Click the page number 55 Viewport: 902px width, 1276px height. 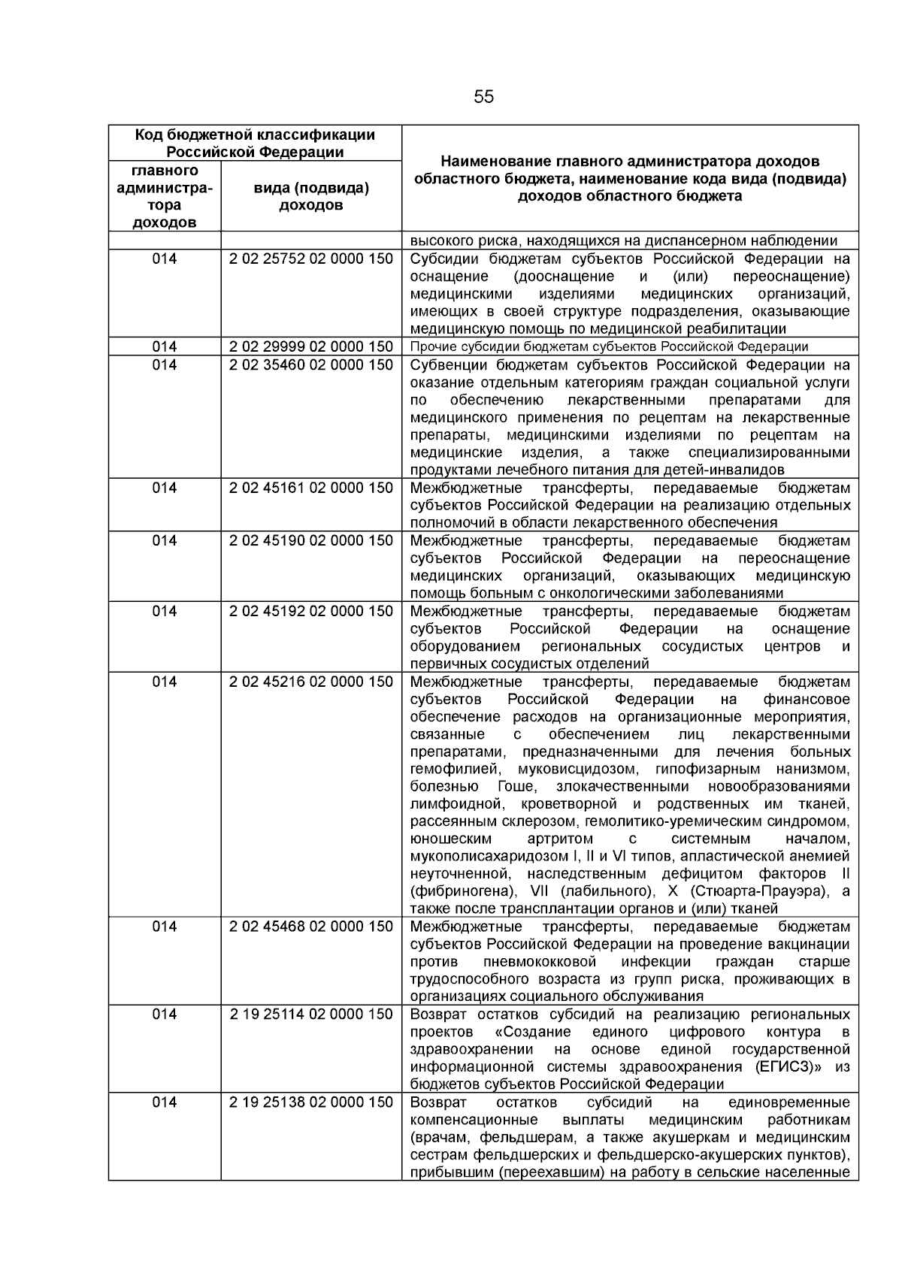pyautogui.click(x=483, y=97)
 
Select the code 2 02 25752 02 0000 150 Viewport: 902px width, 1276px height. pyautogui.click(x=311, y=259)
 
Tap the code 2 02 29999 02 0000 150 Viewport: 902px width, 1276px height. pyautogui.click(x=311, y=346)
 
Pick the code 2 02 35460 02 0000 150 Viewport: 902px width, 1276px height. pyautogui.click(x=311, y=365)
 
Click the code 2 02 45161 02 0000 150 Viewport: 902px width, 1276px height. pyautogui.click(x=311, y=488)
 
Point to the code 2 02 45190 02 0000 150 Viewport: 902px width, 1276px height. pyautogui.click(x=311, y=541)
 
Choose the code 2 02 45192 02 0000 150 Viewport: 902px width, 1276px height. pyautogui.click(x=311, y=611)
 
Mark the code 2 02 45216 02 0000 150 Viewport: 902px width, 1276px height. pyautogui.click(x=311, y=682)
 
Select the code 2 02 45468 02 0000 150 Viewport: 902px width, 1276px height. pyautogui.click(x=311, y=927)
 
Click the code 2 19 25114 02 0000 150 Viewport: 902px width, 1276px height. pyautogui.click(x=311, y=1014)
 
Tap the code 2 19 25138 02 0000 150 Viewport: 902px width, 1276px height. pyautogui.click(x=311, y=1102)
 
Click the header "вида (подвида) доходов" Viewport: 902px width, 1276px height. pyautogui.click(x=311, y=196)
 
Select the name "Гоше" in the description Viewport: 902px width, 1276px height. pyautogui.click(x=516, y=787)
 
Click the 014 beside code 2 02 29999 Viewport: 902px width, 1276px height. pyautogui.click(x=165, y=346)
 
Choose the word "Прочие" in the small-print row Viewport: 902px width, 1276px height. pyautogui.click(x=430, y=347)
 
